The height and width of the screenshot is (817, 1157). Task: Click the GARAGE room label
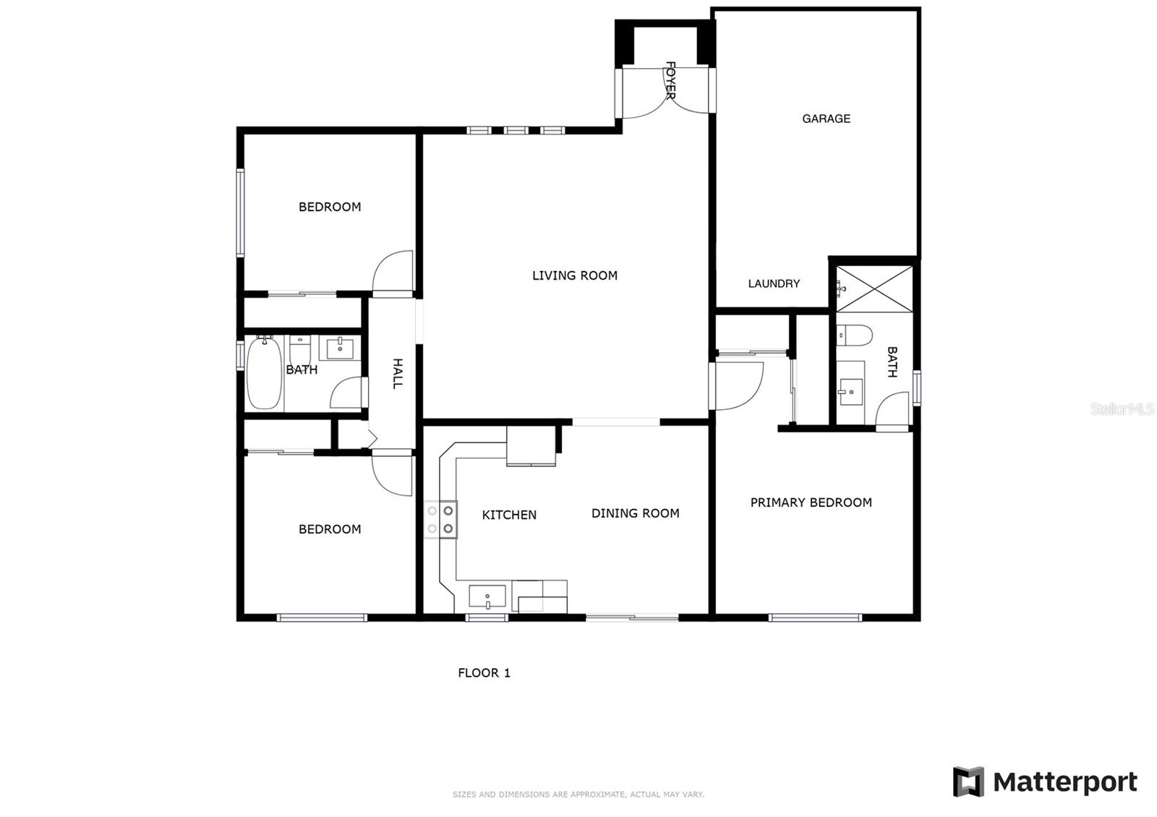pos(826,119)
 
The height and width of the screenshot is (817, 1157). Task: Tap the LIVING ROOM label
pos(575,275)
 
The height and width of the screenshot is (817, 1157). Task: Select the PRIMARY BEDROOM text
pos(811,502)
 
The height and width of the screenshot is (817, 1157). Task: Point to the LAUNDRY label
pos(774,283)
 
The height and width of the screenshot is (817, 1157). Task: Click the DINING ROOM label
pos(636,513)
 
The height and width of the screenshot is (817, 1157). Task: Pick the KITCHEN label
pos(509,515)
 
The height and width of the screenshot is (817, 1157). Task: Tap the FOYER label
pos(670,80)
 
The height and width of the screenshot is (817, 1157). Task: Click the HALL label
pos(397,373)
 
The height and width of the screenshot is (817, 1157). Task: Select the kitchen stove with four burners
pos(440,520)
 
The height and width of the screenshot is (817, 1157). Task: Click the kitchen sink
pos(487,596)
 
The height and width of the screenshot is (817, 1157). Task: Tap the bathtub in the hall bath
pos(265,372)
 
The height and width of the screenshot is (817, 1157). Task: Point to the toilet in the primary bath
pos(854,335)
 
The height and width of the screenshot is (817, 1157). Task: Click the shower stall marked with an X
pos(874,289)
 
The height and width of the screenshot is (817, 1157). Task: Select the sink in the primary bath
pos(850,392)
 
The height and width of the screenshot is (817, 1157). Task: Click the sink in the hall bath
pos(340,348)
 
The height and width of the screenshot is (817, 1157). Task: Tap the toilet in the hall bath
pos(299,351)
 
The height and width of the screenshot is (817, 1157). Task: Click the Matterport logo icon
pos(968,782)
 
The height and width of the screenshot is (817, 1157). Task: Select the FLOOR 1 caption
pos(484,673)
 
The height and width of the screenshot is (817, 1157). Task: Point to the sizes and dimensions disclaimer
pos(578,795)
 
